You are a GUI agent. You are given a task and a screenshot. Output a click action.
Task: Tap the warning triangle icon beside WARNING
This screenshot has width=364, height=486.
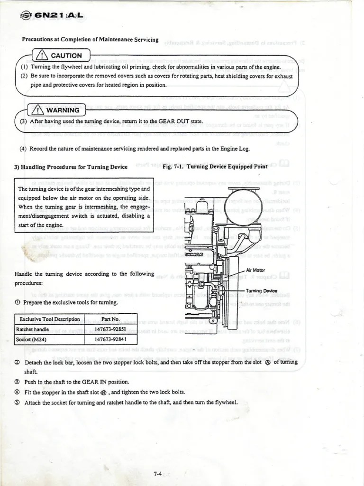click(37, 110)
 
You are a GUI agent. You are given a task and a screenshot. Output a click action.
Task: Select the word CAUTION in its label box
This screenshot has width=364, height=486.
click(66, 56)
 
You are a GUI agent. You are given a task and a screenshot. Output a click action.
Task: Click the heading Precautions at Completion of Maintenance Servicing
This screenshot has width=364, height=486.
click(90, 39)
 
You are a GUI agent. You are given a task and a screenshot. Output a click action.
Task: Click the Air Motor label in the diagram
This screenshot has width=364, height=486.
click(255, 270)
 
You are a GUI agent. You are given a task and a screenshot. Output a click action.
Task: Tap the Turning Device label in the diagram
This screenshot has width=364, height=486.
click(262, 291)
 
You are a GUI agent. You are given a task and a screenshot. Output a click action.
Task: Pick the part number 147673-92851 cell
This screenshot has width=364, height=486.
click(110, 329)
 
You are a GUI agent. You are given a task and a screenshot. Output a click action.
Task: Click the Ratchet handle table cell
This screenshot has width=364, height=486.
click(33, 329)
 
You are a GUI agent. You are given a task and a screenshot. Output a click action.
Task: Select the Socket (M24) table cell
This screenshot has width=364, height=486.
click(30, 339)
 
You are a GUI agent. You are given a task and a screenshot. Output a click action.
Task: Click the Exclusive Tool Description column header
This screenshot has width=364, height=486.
click(50, 319)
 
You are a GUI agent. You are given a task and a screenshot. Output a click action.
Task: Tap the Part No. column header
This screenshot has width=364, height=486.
click(110, 319)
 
